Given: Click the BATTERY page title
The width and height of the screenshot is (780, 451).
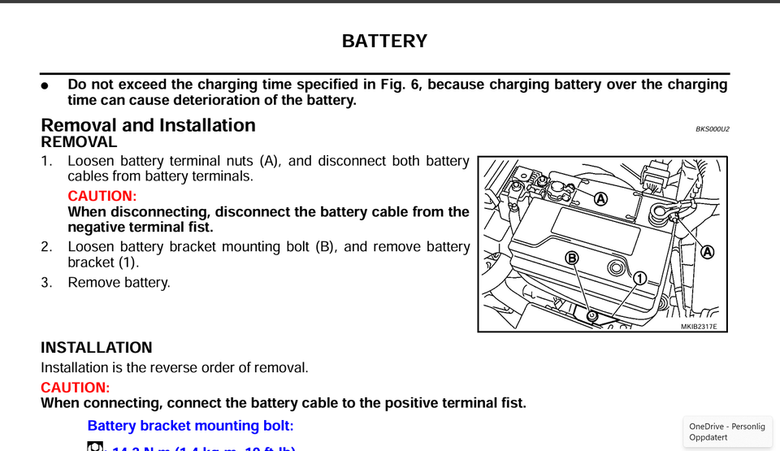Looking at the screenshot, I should click(x=384, y=41).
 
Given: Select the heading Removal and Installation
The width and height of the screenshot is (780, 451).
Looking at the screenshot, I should click(x=148, y=125).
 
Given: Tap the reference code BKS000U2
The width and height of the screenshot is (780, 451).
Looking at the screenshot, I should click(x=712, y=129).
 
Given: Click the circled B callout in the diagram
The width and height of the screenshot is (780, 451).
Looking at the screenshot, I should click(x=572, y=258).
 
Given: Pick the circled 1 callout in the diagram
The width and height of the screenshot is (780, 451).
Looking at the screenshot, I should click(x=639, y=278).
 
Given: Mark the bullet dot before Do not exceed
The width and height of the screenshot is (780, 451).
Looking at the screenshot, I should click(x=45, y=85).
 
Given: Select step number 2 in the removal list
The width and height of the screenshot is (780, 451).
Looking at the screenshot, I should click(x=46, y=246).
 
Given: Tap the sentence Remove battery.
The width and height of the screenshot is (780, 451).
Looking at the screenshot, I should click(x=119, y=283).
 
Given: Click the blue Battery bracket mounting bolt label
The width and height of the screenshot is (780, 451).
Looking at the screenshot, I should click(x=190, y=426).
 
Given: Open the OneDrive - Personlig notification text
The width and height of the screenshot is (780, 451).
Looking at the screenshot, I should click(x=727, y=427).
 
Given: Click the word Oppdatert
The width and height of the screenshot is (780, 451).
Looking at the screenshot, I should click(x=708, y=437).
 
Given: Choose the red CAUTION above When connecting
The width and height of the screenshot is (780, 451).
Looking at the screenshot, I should click(x=75, y=388).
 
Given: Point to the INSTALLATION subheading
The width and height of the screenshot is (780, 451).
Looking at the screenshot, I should click(x=96, y=348).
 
